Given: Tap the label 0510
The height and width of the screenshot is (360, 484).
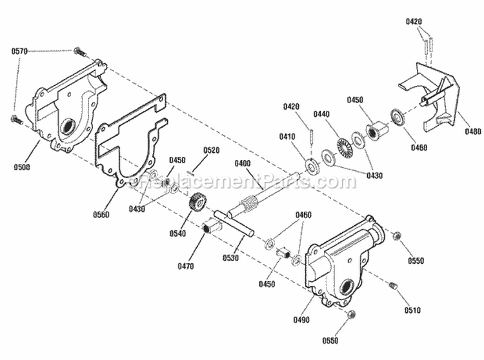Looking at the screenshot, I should pyautogui.click(x=412, y=310).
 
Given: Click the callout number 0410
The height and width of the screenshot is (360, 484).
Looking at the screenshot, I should pyautogui.click(x=287, y=137).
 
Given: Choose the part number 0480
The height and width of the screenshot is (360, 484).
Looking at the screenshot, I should pyautogui.click(x=472, y=133).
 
